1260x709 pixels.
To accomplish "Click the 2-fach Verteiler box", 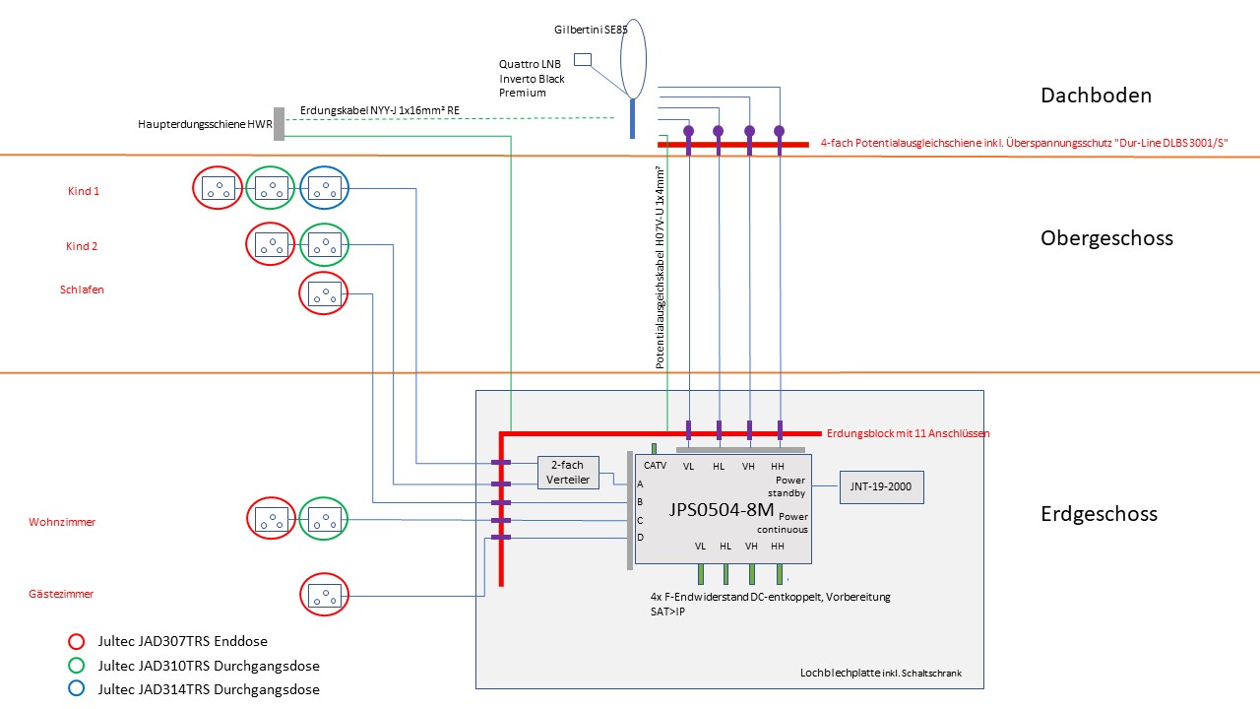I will click(x=567, y=473).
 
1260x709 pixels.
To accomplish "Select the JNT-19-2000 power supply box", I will click(x=881, y=487).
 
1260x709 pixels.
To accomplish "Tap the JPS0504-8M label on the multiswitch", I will click(x=722, y=510).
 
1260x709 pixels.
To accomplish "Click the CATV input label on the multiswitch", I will click(x=655, y=465).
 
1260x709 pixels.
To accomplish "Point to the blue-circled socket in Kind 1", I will click(x=325, y=190).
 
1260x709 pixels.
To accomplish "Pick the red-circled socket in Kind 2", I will click(x=270, y=245).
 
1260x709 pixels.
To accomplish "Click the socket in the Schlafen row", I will click(x=325, y=293).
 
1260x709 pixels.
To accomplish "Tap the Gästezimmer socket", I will click(x=325, y=595).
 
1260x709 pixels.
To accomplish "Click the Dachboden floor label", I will click(x=1096, y=96).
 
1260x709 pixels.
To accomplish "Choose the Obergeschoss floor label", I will click(x=1106, y=238).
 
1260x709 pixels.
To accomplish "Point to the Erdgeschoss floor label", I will click(x=1099, y=513).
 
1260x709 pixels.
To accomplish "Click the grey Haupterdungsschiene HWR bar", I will click(x=279, y=124).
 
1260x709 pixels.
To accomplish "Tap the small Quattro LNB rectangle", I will click(x=583, y=60).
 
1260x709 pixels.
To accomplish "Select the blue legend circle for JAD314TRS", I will click(x=75, y=688).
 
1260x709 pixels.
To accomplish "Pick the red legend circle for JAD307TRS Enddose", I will click(x=75, y=641).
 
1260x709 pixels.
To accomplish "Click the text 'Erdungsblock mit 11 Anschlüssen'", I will click(x=908, y=433).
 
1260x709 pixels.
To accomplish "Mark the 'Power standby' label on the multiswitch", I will click(x=790, y=486).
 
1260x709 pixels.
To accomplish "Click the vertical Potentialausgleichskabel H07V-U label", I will click(x=661, y=267).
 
